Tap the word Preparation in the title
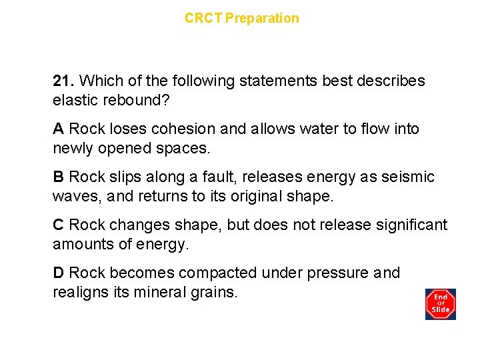262,18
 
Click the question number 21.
64,81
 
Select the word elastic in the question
74,100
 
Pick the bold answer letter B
58,177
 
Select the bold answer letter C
59,225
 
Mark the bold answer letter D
59,273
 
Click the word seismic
407,177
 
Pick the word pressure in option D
333,273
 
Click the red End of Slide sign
440,303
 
